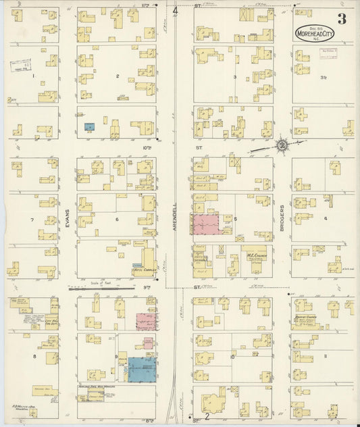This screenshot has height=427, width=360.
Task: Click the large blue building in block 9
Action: [141, 370]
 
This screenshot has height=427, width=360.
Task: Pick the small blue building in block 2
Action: [89, 126]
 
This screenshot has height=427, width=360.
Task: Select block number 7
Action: [32, 220]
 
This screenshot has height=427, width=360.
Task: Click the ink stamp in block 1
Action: [22, 66]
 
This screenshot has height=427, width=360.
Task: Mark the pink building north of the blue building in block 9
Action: [144, 321]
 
